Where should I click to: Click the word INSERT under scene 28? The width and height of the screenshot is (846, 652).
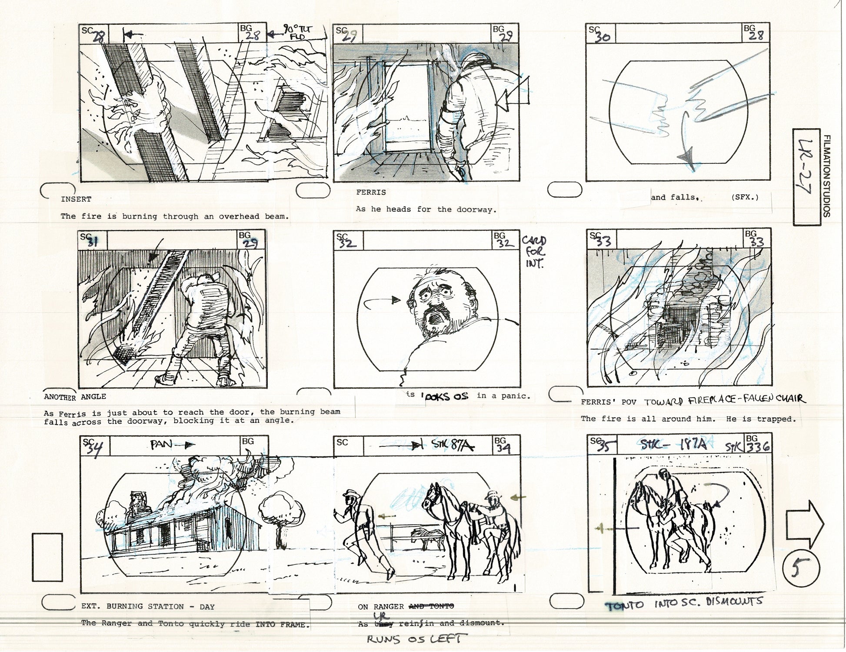coord(76,200)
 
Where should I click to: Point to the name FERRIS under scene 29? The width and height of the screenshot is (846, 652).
coord(371,192)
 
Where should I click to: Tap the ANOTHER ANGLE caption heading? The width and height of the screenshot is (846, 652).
coord(75,396)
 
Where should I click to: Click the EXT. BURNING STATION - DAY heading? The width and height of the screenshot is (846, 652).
coord(148,606)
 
